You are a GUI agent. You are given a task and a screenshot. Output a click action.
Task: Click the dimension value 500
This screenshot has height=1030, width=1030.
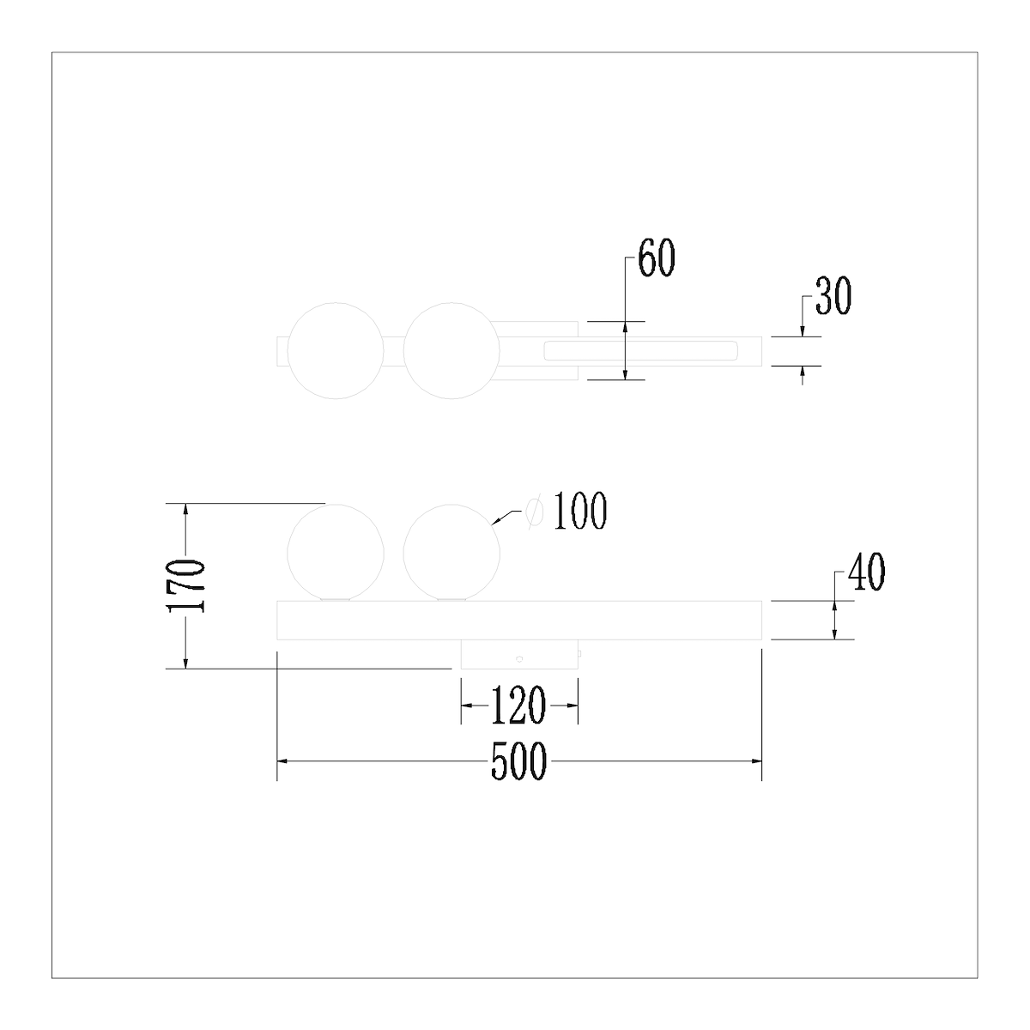click(x=518, y=761)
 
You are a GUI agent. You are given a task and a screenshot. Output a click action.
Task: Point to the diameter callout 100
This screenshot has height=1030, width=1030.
click(x=579, y=512)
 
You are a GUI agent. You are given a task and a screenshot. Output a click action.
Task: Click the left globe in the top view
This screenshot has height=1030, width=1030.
click(x=335, y=351)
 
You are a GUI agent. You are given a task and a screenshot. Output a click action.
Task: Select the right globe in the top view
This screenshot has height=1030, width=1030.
click(x=451, y=351)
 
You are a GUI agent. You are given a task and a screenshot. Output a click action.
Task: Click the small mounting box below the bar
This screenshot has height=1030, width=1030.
click(x=519, y=654)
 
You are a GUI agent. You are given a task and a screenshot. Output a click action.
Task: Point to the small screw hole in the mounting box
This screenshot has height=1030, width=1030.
click(x=518, y=659)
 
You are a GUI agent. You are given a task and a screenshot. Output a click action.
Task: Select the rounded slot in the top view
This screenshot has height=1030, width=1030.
click(x=639, y=350)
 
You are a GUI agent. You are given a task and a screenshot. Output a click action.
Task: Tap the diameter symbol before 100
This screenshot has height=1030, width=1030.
click(x=534, y=512)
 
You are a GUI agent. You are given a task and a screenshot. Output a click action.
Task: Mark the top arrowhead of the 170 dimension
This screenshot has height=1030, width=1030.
click(x=185, y=508)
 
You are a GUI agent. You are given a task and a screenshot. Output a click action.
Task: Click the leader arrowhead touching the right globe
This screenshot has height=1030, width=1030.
click(x=495, y=521)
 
